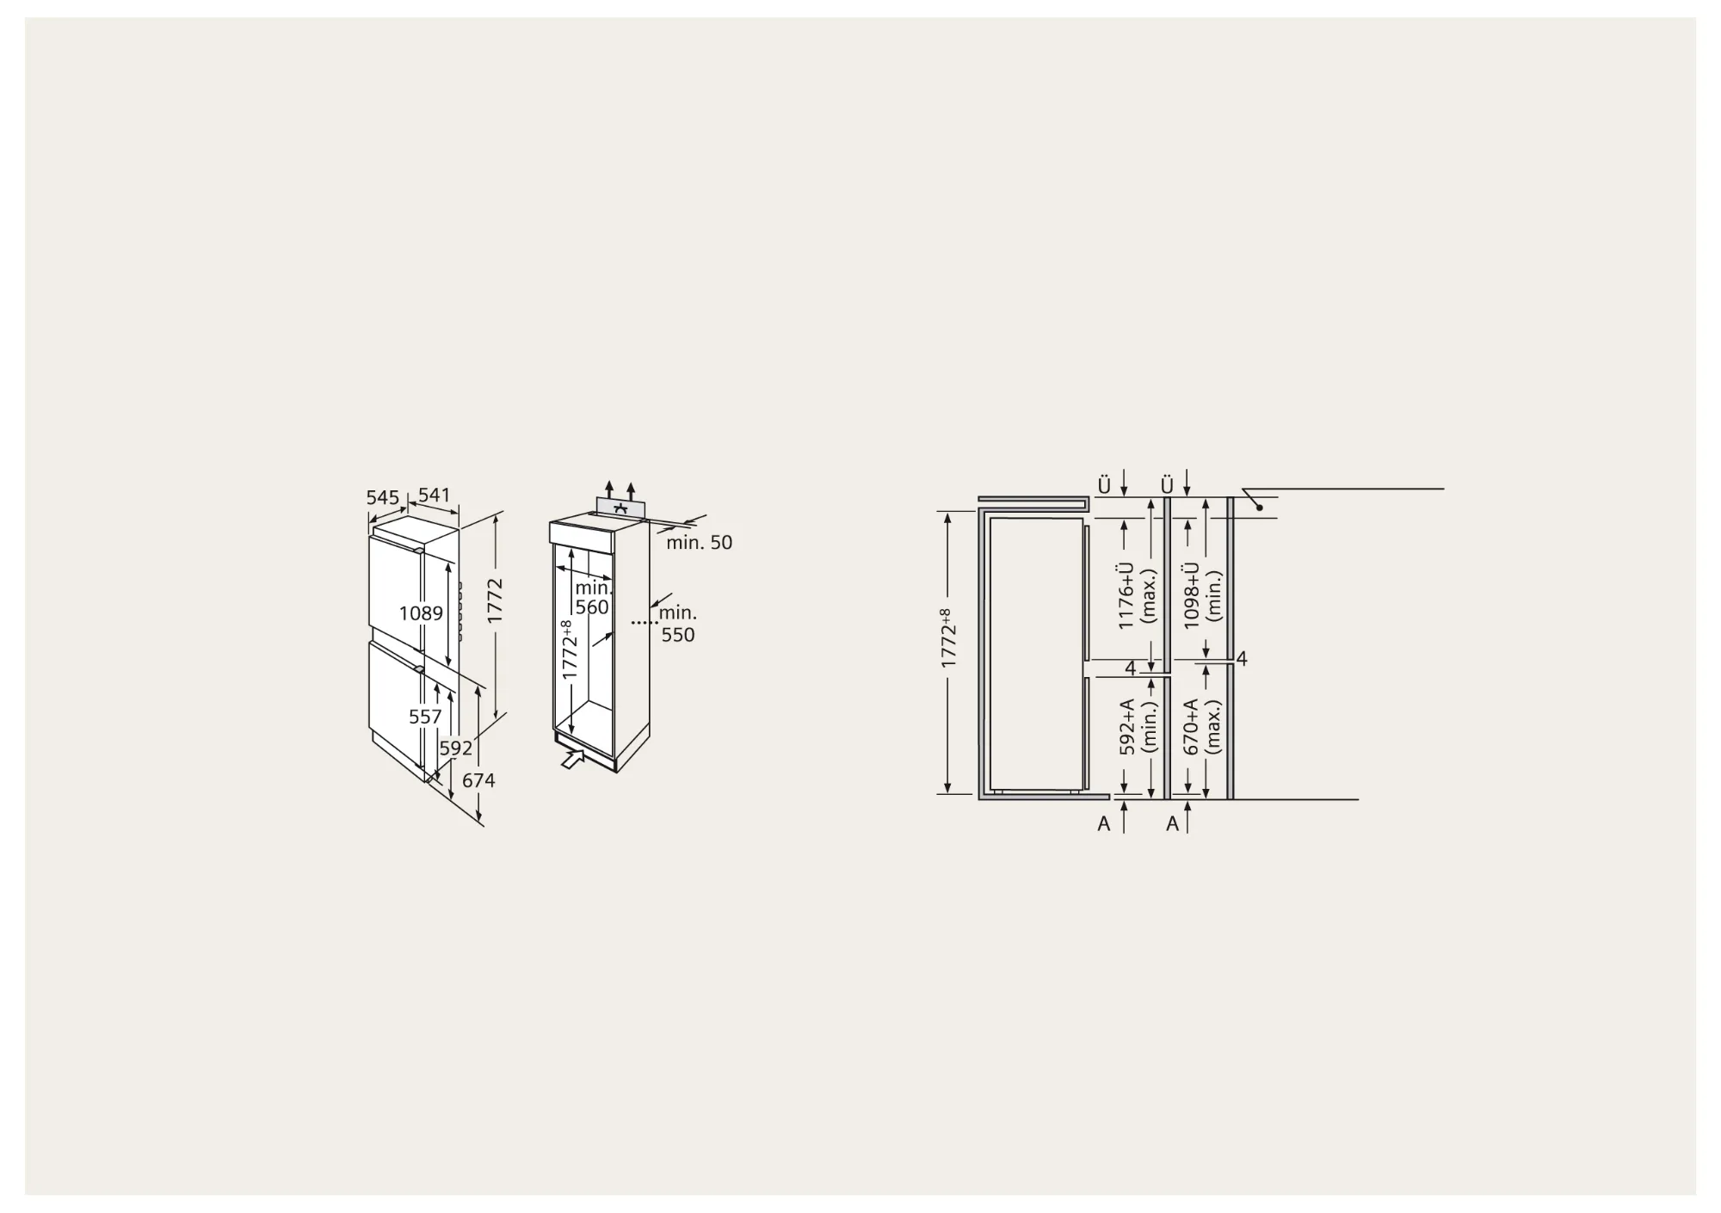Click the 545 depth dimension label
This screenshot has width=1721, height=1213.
click(383, 497)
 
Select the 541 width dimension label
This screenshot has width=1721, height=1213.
click(435, 495)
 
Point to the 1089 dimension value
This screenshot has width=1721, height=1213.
click(422, 613)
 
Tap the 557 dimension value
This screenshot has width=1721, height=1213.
click(425, 717)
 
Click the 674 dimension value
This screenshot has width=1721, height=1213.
click(478, 780)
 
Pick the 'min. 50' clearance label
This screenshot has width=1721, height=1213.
click(700, 543)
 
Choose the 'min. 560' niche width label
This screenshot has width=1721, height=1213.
click(593, 598)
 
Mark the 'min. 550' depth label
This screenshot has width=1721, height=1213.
click(678, 624)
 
